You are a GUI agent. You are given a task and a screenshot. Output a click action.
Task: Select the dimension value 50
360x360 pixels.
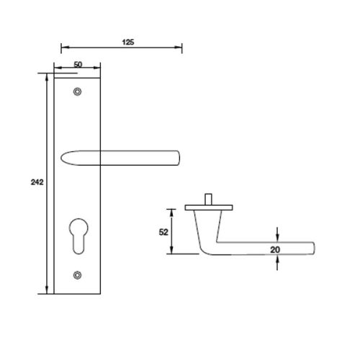[77, 65]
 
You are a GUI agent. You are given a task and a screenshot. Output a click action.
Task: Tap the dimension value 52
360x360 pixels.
[163, 232]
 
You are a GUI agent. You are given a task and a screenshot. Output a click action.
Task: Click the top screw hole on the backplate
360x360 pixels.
[78, 91]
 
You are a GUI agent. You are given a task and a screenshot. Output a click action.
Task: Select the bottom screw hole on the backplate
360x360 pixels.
[78, 274]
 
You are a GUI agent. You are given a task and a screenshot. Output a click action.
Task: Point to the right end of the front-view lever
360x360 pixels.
[180, 158]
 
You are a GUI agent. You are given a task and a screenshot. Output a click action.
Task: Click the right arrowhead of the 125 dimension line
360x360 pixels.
[180, 49]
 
